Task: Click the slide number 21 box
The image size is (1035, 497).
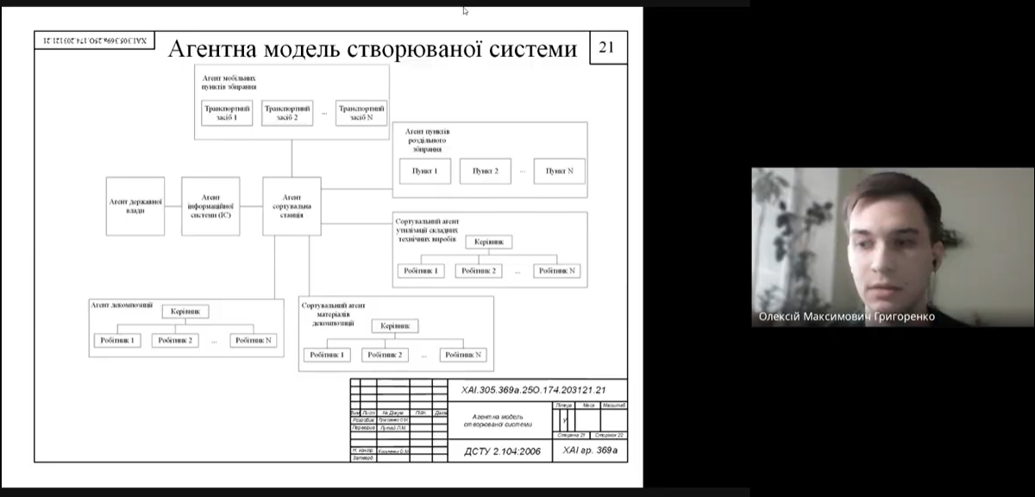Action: click(x=606, y=47)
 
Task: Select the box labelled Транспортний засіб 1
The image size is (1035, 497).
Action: click(x=227, y=113)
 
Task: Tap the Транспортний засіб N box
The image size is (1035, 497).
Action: click(x=361, y=113)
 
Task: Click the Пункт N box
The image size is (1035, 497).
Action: click(x=559, y=171)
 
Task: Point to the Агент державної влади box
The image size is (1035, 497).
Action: click(x=135, y=206)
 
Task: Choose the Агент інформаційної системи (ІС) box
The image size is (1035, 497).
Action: click(x=210, y=206)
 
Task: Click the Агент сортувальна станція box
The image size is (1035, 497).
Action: click(x=292, y=206)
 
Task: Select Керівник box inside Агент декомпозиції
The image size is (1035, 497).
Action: click(x=185, y=311)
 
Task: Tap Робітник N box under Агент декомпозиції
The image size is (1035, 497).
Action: click(x=254, y=340)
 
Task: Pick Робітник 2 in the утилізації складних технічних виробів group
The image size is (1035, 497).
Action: click(x=480, y=271)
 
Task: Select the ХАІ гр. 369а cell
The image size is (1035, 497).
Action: click(x=590, y=450)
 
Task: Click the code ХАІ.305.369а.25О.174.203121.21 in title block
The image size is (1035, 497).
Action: click(x=533, y=390)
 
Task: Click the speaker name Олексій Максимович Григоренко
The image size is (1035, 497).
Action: click(x=846, y=317)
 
